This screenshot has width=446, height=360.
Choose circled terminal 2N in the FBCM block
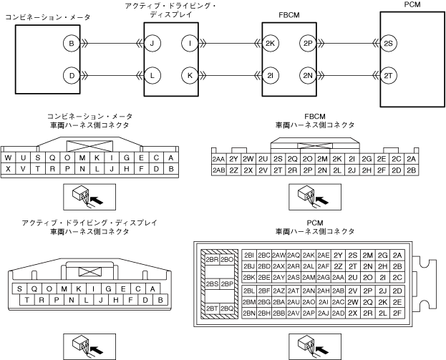point(309,75)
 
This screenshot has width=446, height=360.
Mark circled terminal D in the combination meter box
point(71,75)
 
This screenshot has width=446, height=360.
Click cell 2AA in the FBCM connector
point(218,159)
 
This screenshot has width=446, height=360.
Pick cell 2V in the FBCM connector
point(263,170)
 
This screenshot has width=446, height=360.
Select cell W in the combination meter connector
point(8,158)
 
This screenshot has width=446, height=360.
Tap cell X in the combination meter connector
point(8,170)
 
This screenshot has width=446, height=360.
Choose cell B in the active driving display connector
point(161,300)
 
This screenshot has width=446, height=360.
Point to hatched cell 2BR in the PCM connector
point(211,260)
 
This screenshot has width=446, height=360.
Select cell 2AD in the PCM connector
point(339,313)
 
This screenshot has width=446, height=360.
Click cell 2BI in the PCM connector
point(249,255)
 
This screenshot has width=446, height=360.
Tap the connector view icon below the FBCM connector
point(307,195)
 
